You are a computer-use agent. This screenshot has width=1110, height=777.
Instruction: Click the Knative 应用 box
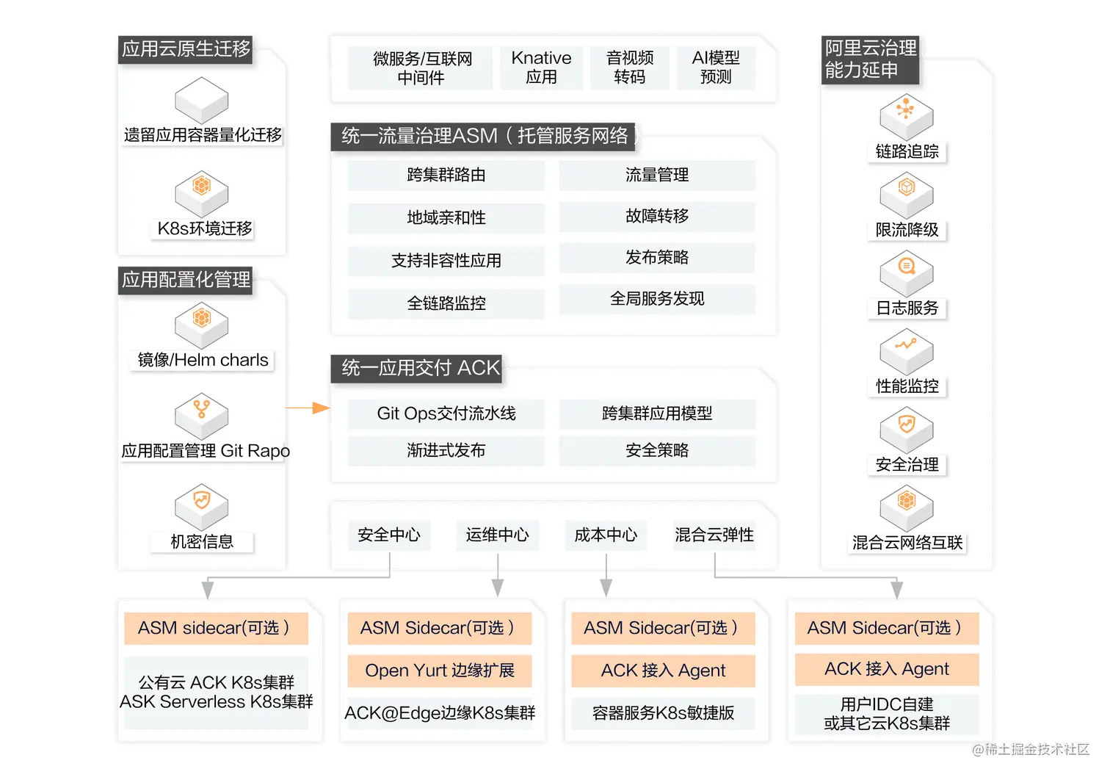[541, 68]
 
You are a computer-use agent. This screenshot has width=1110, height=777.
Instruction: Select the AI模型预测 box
[715, 68]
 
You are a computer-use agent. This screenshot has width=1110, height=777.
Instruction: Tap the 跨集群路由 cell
[446, 176]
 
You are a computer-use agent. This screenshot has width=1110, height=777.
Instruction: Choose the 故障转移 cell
[657, 217]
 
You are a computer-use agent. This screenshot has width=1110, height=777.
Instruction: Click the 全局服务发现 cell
[657, 299]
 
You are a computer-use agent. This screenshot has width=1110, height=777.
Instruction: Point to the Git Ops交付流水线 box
[446, 413]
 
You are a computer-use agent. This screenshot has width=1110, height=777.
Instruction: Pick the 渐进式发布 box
[446, 450]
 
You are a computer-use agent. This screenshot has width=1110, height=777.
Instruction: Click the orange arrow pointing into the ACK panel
[308, 408]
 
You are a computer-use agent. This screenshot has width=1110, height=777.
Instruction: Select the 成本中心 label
[606, 535]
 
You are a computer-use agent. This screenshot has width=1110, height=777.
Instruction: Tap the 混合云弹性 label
[714, 535]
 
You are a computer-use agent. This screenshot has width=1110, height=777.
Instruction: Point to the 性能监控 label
[907, 386]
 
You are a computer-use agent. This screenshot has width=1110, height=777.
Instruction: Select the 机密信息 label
[202, 542]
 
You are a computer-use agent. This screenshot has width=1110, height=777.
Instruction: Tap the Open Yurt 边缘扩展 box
[440, 671]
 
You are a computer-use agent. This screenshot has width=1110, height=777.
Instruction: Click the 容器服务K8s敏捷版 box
[663, 712]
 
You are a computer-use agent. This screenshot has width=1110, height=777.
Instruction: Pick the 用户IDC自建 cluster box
[887, 713]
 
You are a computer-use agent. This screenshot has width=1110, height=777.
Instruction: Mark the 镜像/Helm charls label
[203, 360]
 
